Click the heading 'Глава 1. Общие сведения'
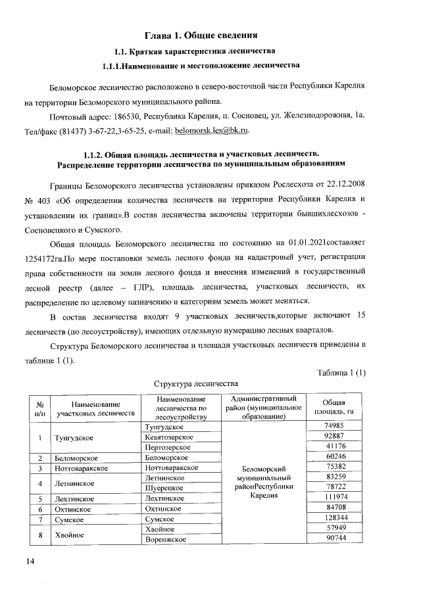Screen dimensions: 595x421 pyautogui.click(x=200, y=34)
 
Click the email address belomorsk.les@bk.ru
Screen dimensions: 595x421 pyautogui.click(x=212, y=131)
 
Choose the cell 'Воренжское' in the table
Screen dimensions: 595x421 pyautogui.click(x=164, y=539)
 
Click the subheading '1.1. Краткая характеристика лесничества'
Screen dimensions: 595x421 pyautogui.click(x=200, y=51)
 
